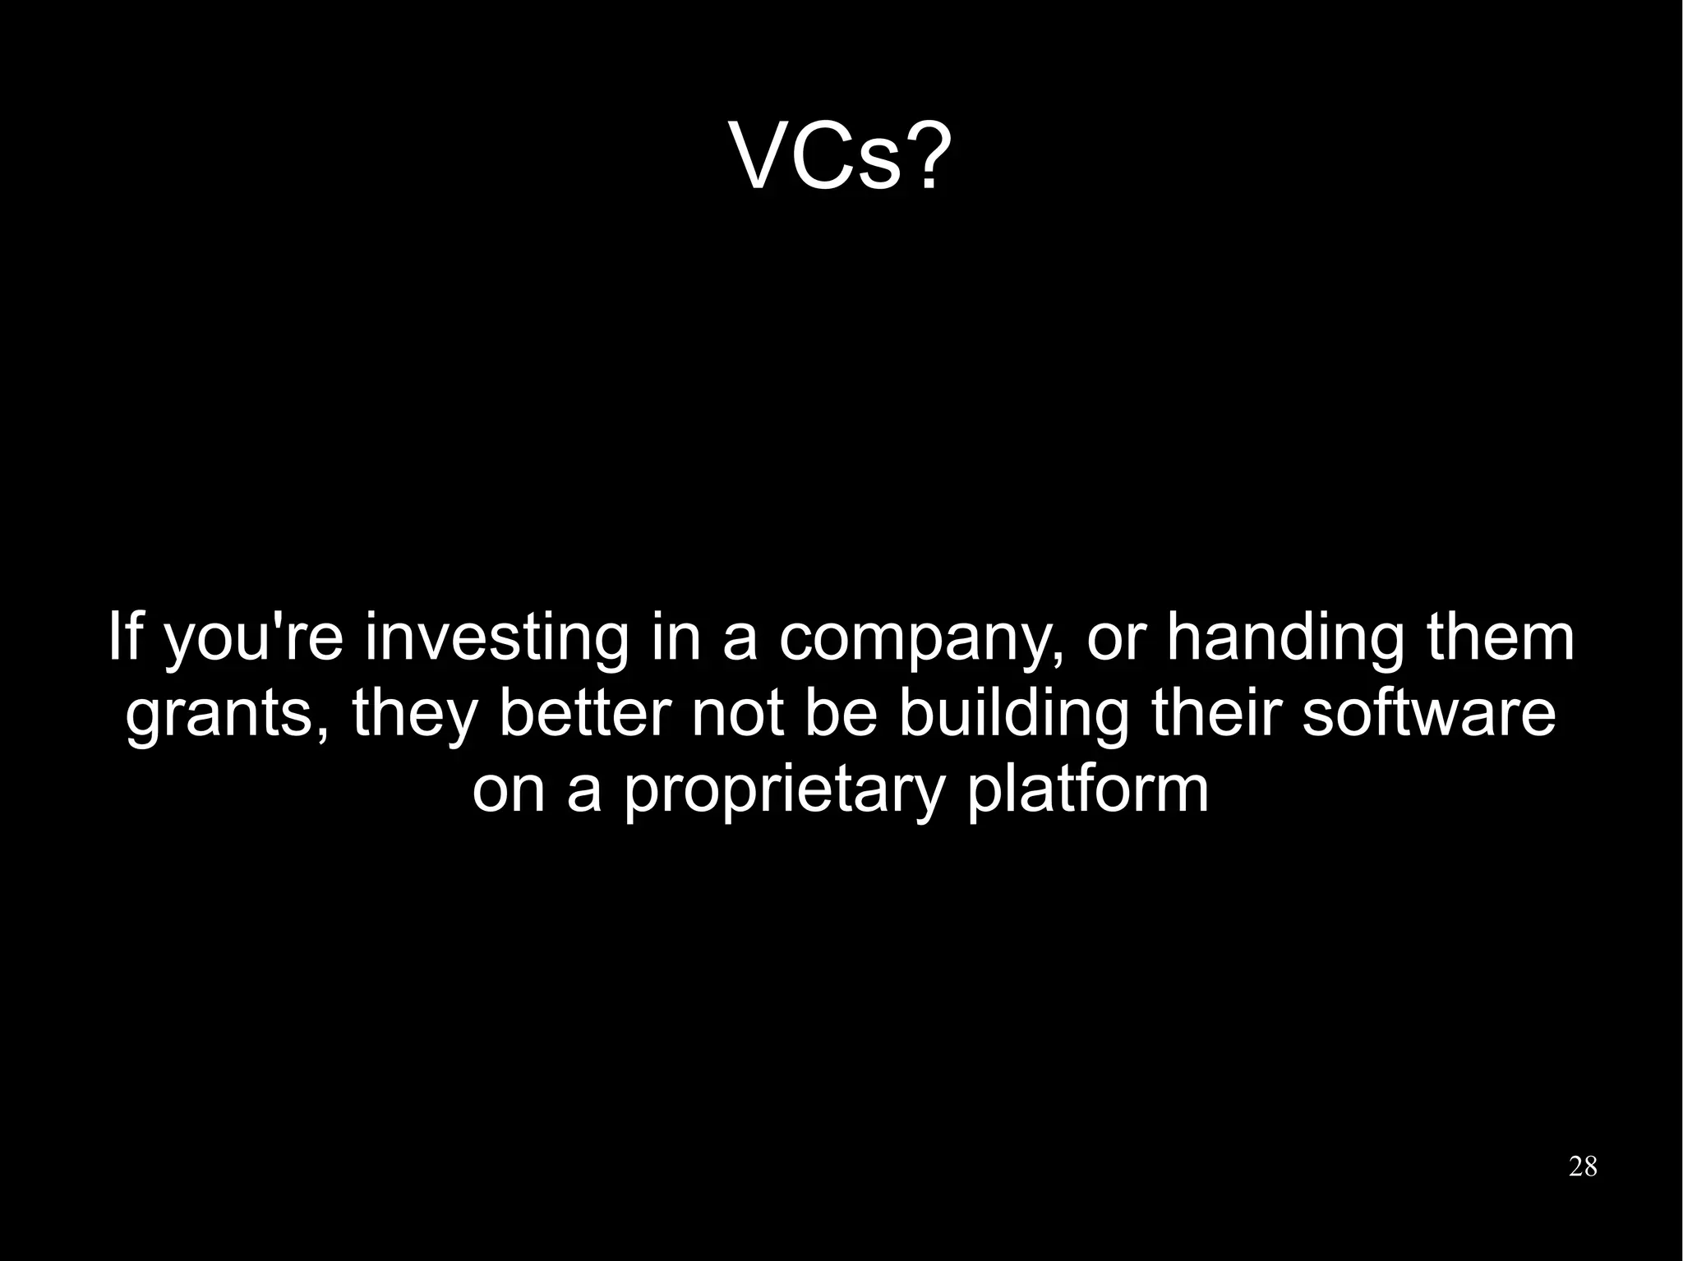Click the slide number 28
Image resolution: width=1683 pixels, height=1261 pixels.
(x=1583, y=1166)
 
